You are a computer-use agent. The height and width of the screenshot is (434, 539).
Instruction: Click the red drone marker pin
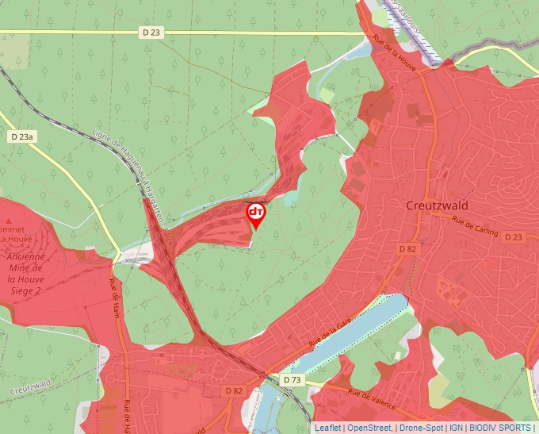pyautogui.click(x=256, y=213)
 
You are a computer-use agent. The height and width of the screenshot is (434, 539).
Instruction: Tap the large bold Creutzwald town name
pyautogui.click(x=437, y=205)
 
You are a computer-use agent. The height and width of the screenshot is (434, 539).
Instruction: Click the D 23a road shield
pyautogui.click(x=22, y=137)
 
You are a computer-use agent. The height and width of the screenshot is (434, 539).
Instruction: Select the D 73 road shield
pyautogui.click(x=292, y=381)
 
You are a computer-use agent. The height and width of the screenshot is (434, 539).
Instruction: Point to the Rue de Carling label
pyautogui.click(x=475, y=226)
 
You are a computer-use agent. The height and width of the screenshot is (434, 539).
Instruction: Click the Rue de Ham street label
pyautogui.click(x=114, y=295)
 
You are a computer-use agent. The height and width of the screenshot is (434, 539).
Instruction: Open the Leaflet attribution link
pyautogui.click(x=327, y=428)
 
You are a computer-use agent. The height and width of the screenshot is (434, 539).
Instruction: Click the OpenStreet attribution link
pyautogui.click(x=369, y=428)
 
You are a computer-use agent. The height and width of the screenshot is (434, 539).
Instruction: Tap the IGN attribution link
pyautogui.click(x=456, y=428)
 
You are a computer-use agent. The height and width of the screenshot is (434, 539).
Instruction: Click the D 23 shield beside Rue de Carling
pyautogui.click(x=513, y=236)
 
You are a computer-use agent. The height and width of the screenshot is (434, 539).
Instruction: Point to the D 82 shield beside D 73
pyautogui.click(x=234, y=390)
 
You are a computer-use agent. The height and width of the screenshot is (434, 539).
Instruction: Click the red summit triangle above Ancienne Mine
pyautogui.click(x=9, y=221)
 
